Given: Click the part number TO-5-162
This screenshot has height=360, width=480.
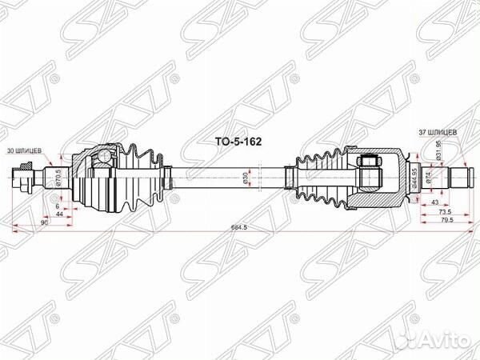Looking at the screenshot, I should click(x=239, y=140).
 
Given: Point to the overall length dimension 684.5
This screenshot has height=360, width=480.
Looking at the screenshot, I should click(x=239, y=228).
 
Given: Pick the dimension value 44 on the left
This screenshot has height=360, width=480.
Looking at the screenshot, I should click(x=58, y=214).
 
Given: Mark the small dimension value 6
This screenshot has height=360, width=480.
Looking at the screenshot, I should click(x=58, y=206).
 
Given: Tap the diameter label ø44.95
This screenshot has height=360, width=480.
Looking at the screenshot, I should click(x=414, y=174).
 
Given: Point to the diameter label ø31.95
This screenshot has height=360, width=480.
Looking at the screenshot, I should click(x=439, y=150).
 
